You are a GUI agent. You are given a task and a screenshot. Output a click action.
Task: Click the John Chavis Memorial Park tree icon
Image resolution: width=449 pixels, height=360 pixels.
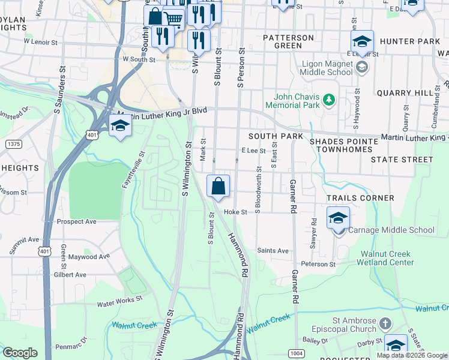click(328, 100)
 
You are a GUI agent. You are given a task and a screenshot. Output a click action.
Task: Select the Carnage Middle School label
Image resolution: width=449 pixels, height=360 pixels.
click(391, 230)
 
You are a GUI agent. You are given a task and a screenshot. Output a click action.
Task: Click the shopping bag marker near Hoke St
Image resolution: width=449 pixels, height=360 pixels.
click(218, 186)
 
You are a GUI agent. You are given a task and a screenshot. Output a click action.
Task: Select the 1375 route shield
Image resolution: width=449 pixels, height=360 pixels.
click(13, 144)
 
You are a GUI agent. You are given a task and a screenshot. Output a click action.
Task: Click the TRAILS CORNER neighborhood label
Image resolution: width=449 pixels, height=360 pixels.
click(360, 198)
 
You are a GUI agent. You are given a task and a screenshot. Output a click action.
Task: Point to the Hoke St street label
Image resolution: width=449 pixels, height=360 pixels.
click(235, 212)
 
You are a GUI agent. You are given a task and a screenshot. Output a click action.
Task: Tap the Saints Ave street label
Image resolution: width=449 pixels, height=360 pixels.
click(273, 251)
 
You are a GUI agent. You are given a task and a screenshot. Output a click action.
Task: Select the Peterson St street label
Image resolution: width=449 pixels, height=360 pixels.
click(318, 264)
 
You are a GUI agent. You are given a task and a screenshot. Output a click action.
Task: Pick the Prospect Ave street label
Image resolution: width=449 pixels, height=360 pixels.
click(76, 221)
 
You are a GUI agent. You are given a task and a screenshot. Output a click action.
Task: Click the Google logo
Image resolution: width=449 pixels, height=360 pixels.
click(20, 353)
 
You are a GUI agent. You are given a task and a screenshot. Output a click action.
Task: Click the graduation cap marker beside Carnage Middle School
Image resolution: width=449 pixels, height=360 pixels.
click(338, 218)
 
